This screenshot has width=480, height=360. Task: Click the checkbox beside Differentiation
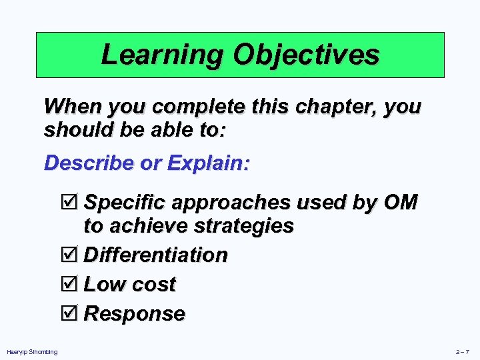69,255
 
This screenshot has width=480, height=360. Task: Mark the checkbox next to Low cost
69,284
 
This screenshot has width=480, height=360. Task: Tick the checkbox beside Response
69,313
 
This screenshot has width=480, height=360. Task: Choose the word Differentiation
155,255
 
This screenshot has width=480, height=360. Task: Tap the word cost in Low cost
153,284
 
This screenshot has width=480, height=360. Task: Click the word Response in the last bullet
134,313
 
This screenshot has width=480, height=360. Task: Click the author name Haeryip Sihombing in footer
32,352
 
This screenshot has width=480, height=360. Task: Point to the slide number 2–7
463,352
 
